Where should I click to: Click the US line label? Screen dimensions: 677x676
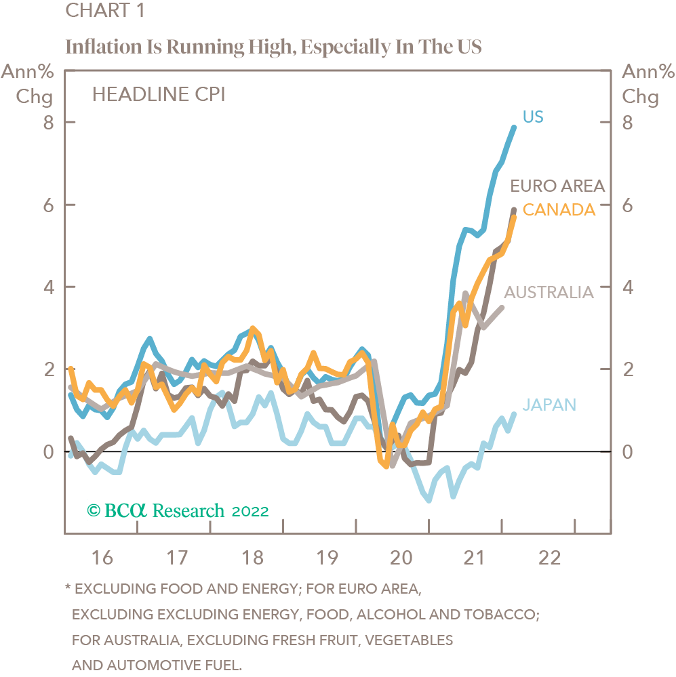tap(533, 117)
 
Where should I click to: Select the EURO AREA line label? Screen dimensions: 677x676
tap(557, 186)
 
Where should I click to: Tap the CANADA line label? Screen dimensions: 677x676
tap(559, 209)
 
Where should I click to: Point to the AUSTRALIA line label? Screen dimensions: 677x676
tap(549, 292)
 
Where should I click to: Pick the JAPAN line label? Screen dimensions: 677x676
tap(549, 405)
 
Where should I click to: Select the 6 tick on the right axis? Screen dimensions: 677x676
tap(627, 205)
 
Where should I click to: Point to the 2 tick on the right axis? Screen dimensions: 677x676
tap(627, 370)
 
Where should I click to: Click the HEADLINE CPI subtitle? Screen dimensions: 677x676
tap(159, 94)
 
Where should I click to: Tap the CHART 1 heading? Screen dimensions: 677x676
tap(104, 12)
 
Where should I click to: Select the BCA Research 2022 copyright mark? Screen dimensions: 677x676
tap(179, 510)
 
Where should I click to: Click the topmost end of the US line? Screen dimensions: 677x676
tap(513, 127)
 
